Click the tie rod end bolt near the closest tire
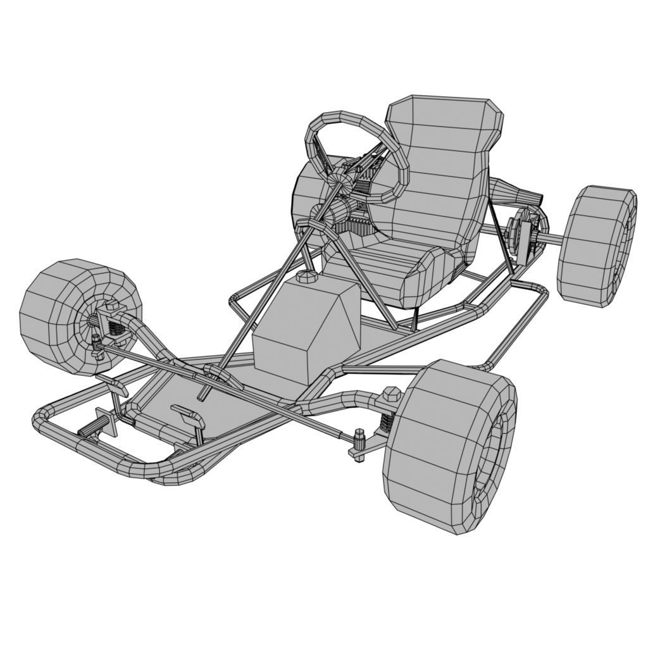359,438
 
